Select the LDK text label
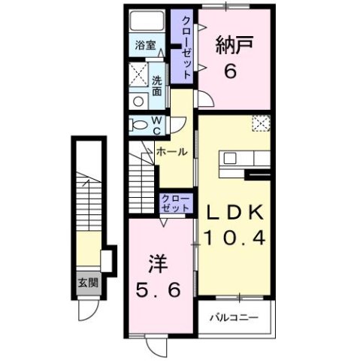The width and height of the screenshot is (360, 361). pyautogui.click(x=236, y=211)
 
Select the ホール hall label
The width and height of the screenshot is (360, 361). pyautogui.click(x=171, y=152)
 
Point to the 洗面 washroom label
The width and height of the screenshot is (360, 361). pyautogui.click(x=157, y=85)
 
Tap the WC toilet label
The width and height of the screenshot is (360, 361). pyautogui.click(x=157, y=124)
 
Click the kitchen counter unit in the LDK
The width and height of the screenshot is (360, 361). pyautogui.click(x=244, y=159)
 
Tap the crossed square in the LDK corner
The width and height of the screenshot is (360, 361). pyautogui.click(x=260, y=123)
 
